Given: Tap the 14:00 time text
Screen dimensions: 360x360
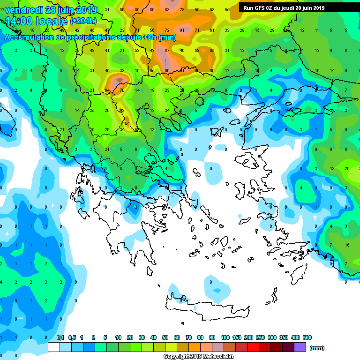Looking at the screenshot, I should (19, 21).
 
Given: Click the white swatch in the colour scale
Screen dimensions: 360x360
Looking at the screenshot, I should (54, 347).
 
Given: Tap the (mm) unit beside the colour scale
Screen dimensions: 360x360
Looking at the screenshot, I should (317, 348).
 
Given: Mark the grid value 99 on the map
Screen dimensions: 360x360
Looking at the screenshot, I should (166, 71).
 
